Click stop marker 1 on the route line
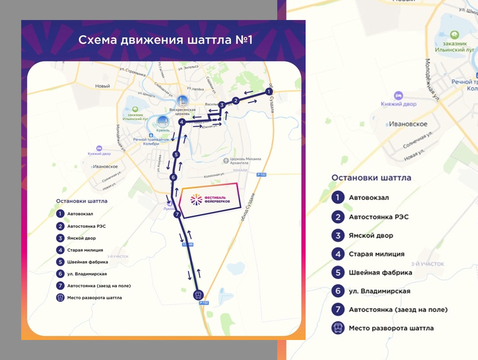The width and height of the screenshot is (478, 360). tap(269, 92)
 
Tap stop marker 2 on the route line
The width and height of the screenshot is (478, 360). tap(236, 101)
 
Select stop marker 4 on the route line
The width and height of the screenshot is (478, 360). tap(182, 122)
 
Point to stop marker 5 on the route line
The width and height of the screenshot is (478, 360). tap(176, 154)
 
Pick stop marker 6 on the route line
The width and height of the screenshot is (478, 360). tap(173, 177)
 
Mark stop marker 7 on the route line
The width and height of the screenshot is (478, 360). tap(177, 214)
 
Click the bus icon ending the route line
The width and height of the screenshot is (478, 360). tap(198, 295)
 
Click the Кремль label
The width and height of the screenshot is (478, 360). tap(163, 130)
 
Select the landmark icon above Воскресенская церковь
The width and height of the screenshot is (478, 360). tap(182, 101)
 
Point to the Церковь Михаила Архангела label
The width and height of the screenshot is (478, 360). tap(245, 161)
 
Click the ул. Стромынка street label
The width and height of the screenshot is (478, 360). tap(132, 72)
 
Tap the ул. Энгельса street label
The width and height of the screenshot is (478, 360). tap(188, 68)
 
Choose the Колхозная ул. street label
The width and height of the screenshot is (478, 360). tap(214, 175)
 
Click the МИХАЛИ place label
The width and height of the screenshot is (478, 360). tap(240, 170)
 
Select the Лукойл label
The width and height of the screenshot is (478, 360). tap(169, 209)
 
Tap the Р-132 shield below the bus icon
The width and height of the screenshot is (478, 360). tap(204, 303)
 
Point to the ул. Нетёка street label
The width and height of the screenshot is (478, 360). tap(195, 89)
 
